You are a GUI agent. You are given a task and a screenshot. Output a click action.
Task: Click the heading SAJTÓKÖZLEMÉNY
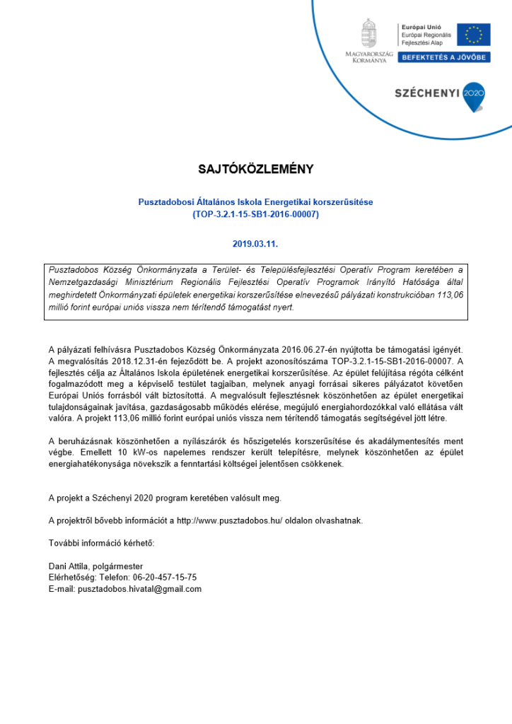coord(255,170)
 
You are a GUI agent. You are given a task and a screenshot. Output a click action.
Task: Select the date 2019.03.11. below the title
coord(255,244)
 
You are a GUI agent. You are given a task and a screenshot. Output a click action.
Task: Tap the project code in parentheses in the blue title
coord(255,214)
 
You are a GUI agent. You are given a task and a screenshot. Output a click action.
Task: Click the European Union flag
coord(473,35)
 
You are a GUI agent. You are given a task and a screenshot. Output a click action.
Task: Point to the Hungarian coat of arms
coord(369,34)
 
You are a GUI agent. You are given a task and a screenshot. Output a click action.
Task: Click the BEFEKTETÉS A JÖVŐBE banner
coord(443,57)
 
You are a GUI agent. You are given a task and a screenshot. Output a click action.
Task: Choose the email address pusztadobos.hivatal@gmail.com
coord(139,589)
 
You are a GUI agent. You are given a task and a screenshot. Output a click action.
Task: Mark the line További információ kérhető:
coord(101,543)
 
